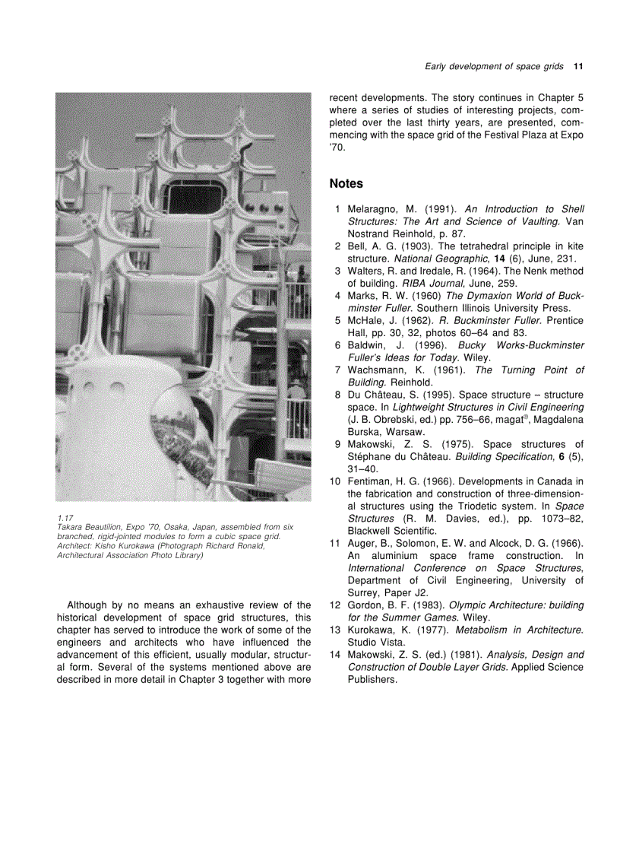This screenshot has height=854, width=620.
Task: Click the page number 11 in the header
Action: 578,67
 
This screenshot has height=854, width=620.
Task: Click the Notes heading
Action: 346,183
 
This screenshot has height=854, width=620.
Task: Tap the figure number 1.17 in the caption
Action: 64,519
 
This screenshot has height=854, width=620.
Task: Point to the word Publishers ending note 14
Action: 372,680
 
